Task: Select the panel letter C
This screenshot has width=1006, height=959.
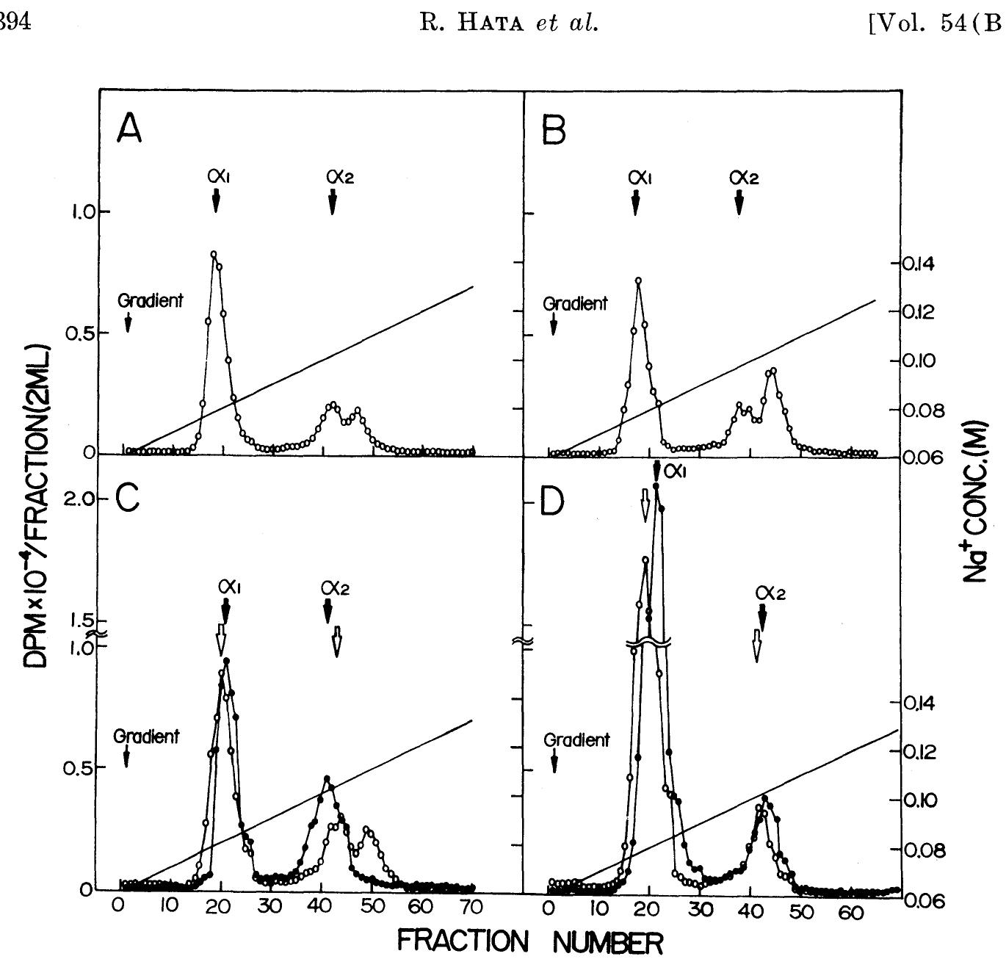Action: [x=128, y=502]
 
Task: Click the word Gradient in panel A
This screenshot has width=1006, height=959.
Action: [x=151, y=300]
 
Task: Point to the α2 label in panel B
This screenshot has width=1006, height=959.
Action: [x=743, y=177]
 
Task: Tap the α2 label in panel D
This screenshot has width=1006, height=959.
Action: [x=770, y=592]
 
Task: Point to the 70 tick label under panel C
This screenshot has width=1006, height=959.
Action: [x=472, y=908]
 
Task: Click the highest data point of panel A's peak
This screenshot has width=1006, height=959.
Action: [x=214, y=255]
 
